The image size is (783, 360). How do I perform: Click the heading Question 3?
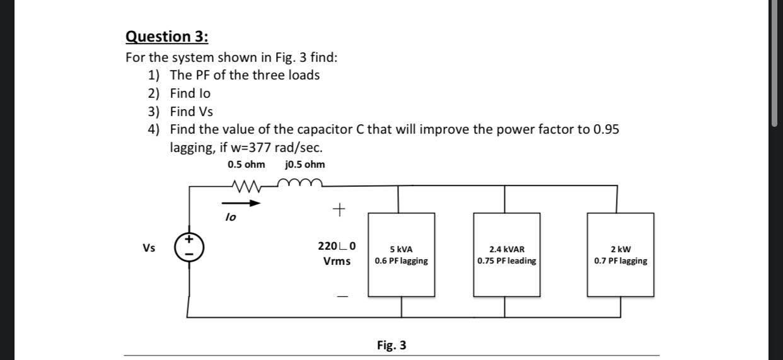click(167, 37)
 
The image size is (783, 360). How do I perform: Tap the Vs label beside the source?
click(149, 248)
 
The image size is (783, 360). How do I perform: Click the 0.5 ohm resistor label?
click(246, 165)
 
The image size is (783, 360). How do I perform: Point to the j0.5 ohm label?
click(305, 165)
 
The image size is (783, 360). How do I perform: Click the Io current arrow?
click(241, 204)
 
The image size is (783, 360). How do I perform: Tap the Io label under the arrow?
click(231, 217)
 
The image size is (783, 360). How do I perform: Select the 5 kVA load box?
click(401, 255)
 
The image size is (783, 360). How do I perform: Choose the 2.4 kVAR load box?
click(506, 255)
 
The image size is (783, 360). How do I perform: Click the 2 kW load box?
click(620, 255)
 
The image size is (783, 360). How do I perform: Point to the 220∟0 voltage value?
click(337, 246)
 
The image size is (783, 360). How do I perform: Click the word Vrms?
click(337, 261)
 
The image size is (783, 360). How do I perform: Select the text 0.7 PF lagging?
click(620, 260)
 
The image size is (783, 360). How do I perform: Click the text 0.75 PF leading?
click(507, 260)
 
